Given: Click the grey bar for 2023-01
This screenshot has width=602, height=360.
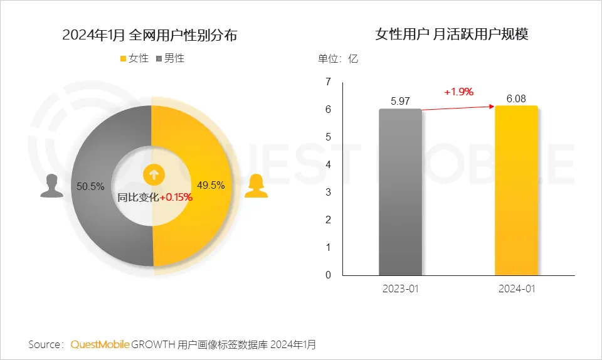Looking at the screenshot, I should (x=400, y=192).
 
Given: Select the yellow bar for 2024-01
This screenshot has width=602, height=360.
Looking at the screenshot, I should (x=516, y=191).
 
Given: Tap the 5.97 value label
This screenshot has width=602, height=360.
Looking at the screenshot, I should (x=400, y=100).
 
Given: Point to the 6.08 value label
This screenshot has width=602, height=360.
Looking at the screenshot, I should (x=516, y=98).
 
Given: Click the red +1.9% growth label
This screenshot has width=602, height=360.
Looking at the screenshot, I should (x=458, y=92).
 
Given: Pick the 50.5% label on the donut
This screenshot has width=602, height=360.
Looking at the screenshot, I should (x=90, y=186).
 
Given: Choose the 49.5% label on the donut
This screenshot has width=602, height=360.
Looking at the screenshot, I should (x=211, y=186).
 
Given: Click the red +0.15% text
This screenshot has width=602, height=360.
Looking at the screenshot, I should (x=176, y=197).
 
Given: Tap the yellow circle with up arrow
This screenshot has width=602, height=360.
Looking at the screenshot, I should (x=153, y=175).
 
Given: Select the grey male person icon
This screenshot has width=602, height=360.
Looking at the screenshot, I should (x=52, y=186).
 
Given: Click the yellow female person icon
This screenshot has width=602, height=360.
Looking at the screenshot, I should (x=256, y=186).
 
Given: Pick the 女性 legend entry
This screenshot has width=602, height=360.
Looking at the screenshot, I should (x=134, y=58).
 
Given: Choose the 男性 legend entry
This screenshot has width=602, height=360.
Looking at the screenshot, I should (x=170, y=58).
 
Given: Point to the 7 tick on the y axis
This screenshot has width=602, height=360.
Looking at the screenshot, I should (x=327, y=82).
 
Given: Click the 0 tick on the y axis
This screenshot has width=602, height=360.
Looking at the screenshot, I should (x=327, y=275).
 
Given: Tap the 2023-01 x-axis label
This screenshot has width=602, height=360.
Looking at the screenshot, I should (x=400, y=289).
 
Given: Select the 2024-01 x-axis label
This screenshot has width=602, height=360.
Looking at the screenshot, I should (x=516, y=289).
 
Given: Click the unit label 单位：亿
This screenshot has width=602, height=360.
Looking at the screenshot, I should (x=338, y=59).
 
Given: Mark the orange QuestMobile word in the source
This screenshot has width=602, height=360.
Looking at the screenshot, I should (x=100, y=344).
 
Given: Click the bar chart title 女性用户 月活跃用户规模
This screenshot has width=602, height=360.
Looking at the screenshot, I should (x=451, y=34).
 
